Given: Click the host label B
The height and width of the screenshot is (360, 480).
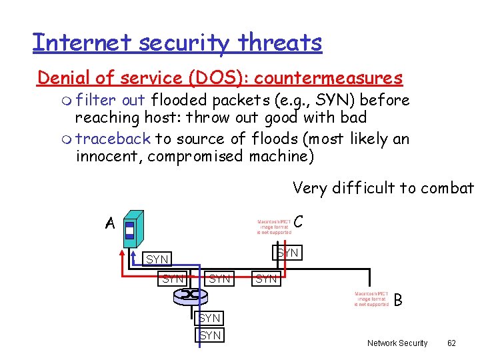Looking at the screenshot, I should click(398, 301).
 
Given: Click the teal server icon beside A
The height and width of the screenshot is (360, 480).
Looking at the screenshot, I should click(133, 227).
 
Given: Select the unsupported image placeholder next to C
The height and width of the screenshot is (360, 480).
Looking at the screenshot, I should click(274, 227).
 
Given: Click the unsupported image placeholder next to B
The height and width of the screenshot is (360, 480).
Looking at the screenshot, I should click(371, 299).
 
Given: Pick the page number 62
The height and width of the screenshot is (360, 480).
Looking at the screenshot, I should click(451, 343).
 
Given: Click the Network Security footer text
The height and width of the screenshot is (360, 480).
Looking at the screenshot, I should click(397, 343).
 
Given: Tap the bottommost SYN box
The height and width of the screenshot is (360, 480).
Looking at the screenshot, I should click(210, 335).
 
